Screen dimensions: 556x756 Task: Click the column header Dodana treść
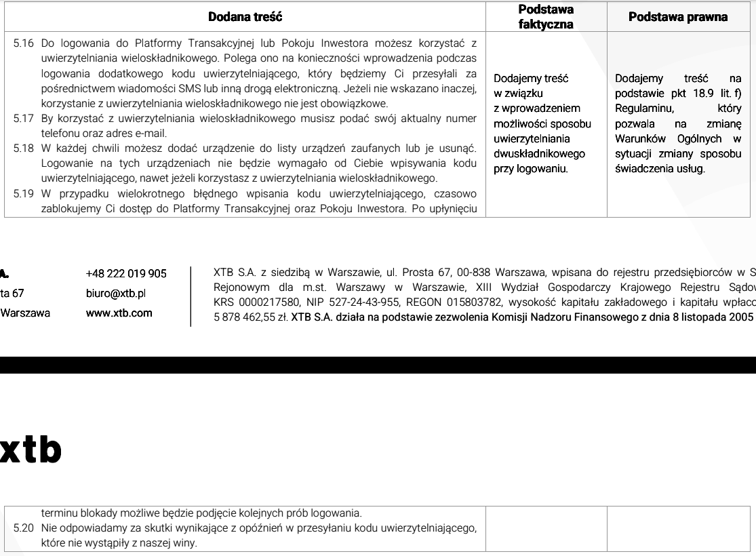(245, 16)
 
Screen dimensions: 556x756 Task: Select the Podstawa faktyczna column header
(546, 16)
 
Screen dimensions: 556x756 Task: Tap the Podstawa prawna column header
(678, 16)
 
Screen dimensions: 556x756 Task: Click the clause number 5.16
(24, 43)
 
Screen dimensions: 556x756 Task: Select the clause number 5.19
(24, 194)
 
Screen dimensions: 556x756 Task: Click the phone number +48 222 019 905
(127, 274)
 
